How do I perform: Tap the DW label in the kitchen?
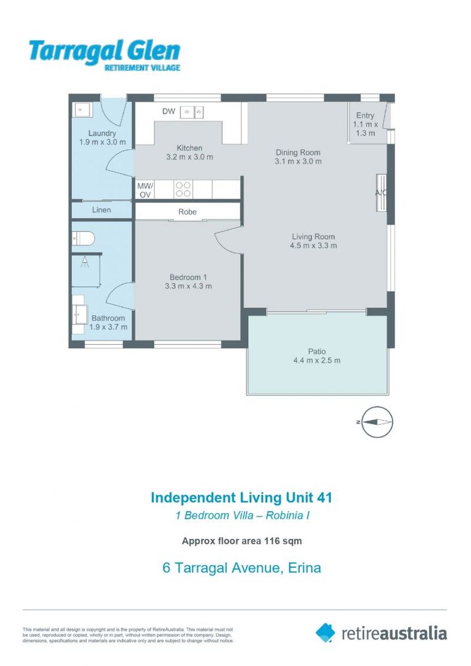[x=169, y=112]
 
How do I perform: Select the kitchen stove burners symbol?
[x=183, y=189]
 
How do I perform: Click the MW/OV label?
[x=145, y=189]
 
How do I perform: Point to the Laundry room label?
[x=102, y=133]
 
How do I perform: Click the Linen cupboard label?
[x=101, y=210]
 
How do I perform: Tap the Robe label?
[x=188, y=212]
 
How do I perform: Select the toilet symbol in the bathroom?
[x=81, y=237]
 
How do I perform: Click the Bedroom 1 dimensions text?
[x=188, y=286]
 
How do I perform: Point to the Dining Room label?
[x=298, y=152]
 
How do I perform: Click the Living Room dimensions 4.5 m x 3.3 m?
[x=314, y=245]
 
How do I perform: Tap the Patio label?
[x=317, y=351]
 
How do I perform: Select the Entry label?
[x=365, y=115]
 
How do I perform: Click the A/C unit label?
[x=381, y=193]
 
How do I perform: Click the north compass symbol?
[x=377, y=422]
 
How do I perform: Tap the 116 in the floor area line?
[x=273, y=541]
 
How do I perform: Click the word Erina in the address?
[x=305, y=568]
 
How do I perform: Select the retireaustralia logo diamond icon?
[x=325, y=632]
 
